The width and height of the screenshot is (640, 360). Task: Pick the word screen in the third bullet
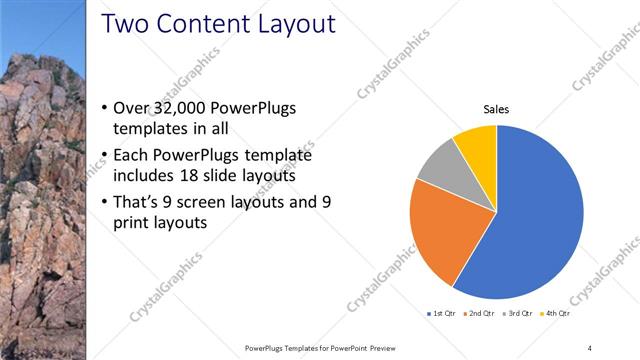[x=208, y=201]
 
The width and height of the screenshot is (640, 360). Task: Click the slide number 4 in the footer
[x=589, y=347]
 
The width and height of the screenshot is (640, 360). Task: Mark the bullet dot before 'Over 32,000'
[x=106, y=108]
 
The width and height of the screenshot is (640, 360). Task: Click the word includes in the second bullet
[x=145, y=176]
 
